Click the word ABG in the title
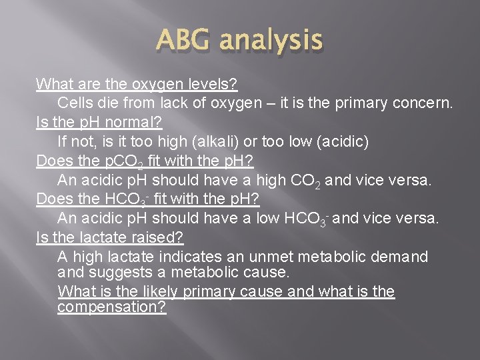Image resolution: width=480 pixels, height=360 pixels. coord(183,41)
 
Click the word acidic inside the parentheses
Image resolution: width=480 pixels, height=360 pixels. coord(343,142)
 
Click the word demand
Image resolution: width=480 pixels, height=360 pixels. coord(401,257)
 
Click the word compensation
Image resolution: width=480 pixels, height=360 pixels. coord(111,307)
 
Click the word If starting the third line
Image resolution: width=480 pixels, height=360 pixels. coord(63,142)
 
